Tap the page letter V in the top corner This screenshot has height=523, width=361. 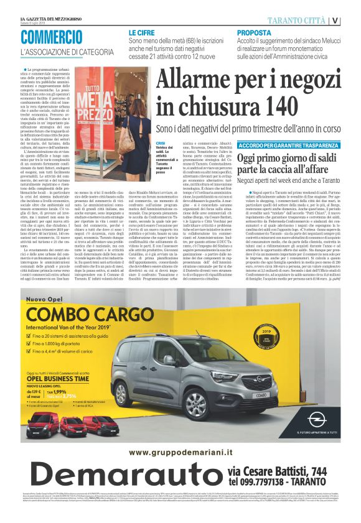click(353, 21)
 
